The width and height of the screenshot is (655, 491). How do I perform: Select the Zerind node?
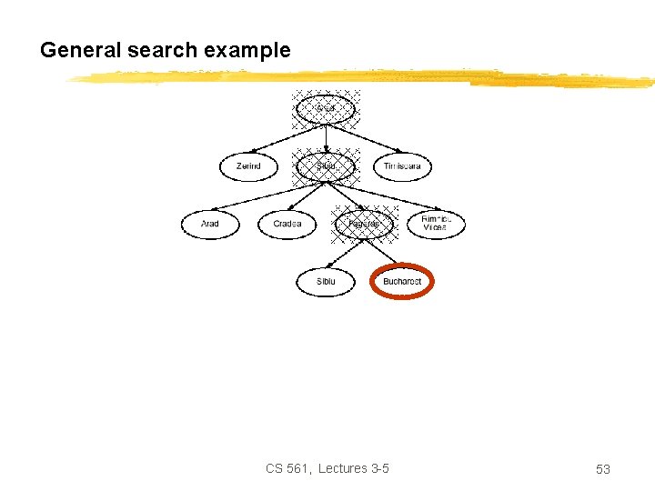click(x=248, y=166)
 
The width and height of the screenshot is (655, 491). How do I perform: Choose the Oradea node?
click(x=287, y=224)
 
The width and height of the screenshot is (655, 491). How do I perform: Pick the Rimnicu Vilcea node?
click(x=435, y=224)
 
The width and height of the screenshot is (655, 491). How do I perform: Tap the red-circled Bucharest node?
click(x=402, y=282)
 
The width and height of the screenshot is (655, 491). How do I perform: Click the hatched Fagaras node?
click(x=364, y=223)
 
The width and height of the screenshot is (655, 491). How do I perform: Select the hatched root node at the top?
click(x=326, y=109)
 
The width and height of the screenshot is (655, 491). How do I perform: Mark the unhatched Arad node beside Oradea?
click(x=210, y=224)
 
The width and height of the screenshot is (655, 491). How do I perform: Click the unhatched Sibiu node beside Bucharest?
click(x=326, y=282)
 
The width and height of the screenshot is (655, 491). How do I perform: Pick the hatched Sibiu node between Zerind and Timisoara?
click(x=326, y=166)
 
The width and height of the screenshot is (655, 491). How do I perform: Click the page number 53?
click(x=602, y=469)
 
